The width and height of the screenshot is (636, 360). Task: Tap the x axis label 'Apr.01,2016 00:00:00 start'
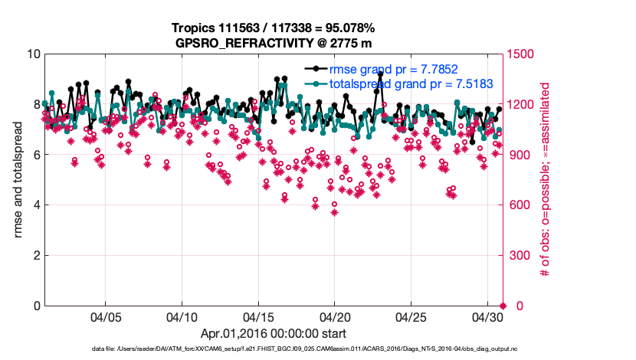274,334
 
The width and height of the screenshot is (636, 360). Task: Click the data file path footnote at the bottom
274,349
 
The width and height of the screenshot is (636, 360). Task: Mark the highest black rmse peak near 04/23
380,74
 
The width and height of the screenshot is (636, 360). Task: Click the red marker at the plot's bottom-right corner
503,306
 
